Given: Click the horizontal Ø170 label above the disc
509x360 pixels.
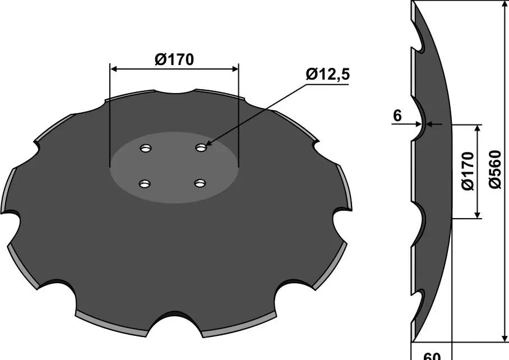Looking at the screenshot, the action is tap(174, 59).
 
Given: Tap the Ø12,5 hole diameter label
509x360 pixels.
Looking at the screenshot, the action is tap(327, 75).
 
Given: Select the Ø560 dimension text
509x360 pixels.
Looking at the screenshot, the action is tap(496, 169).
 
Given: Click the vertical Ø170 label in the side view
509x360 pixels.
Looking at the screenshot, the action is tap(468, 171).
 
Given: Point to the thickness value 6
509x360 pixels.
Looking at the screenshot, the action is tap(397, 116).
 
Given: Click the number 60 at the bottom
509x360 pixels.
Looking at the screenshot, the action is tap(432, 356).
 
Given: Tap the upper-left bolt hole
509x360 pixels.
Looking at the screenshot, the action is tap(146, 149).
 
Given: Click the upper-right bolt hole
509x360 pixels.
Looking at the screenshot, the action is tap(201, 148).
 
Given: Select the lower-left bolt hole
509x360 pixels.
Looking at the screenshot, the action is tap(145, 184).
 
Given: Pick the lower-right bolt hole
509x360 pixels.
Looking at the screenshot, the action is tap(201, 184).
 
